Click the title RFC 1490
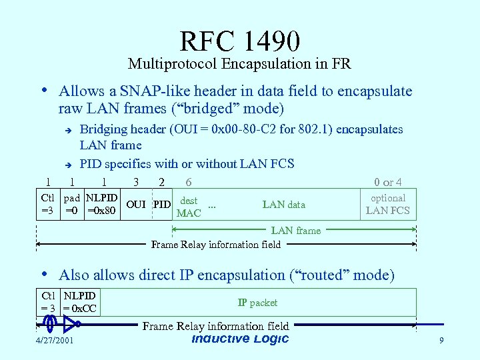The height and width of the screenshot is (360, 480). tap(239, 41)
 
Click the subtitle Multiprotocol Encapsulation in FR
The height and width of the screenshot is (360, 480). tap(239, 64)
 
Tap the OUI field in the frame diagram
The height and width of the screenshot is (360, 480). tap(136, 204)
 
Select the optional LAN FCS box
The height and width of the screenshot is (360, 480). tap(388, 204)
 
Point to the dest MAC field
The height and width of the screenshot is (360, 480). tap(189, 207)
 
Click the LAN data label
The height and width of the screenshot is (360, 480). tap(284, 205)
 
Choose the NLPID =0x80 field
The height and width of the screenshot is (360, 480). tap(102, 204)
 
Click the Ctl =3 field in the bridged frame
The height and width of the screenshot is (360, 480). tap(47, 204)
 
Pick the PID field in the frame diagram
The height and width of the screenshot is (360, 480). tap(162, 204)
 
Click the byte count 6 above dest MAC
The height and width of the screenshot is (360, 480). tap(189, 182)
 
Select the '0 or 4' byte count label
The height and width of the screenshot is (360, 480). tap(387, 182)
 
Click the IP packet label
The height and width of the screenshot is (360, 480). tap(257, 302)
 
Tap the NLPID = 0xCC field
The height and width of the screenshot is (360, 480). tap(79, 302)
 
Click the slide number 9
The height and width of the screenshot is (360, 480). tap(441, 341)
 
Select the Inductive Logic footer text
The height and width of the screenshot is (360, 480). tap(240, 339)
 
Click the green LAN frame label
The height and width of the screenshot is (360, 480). tap(295, 231)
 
